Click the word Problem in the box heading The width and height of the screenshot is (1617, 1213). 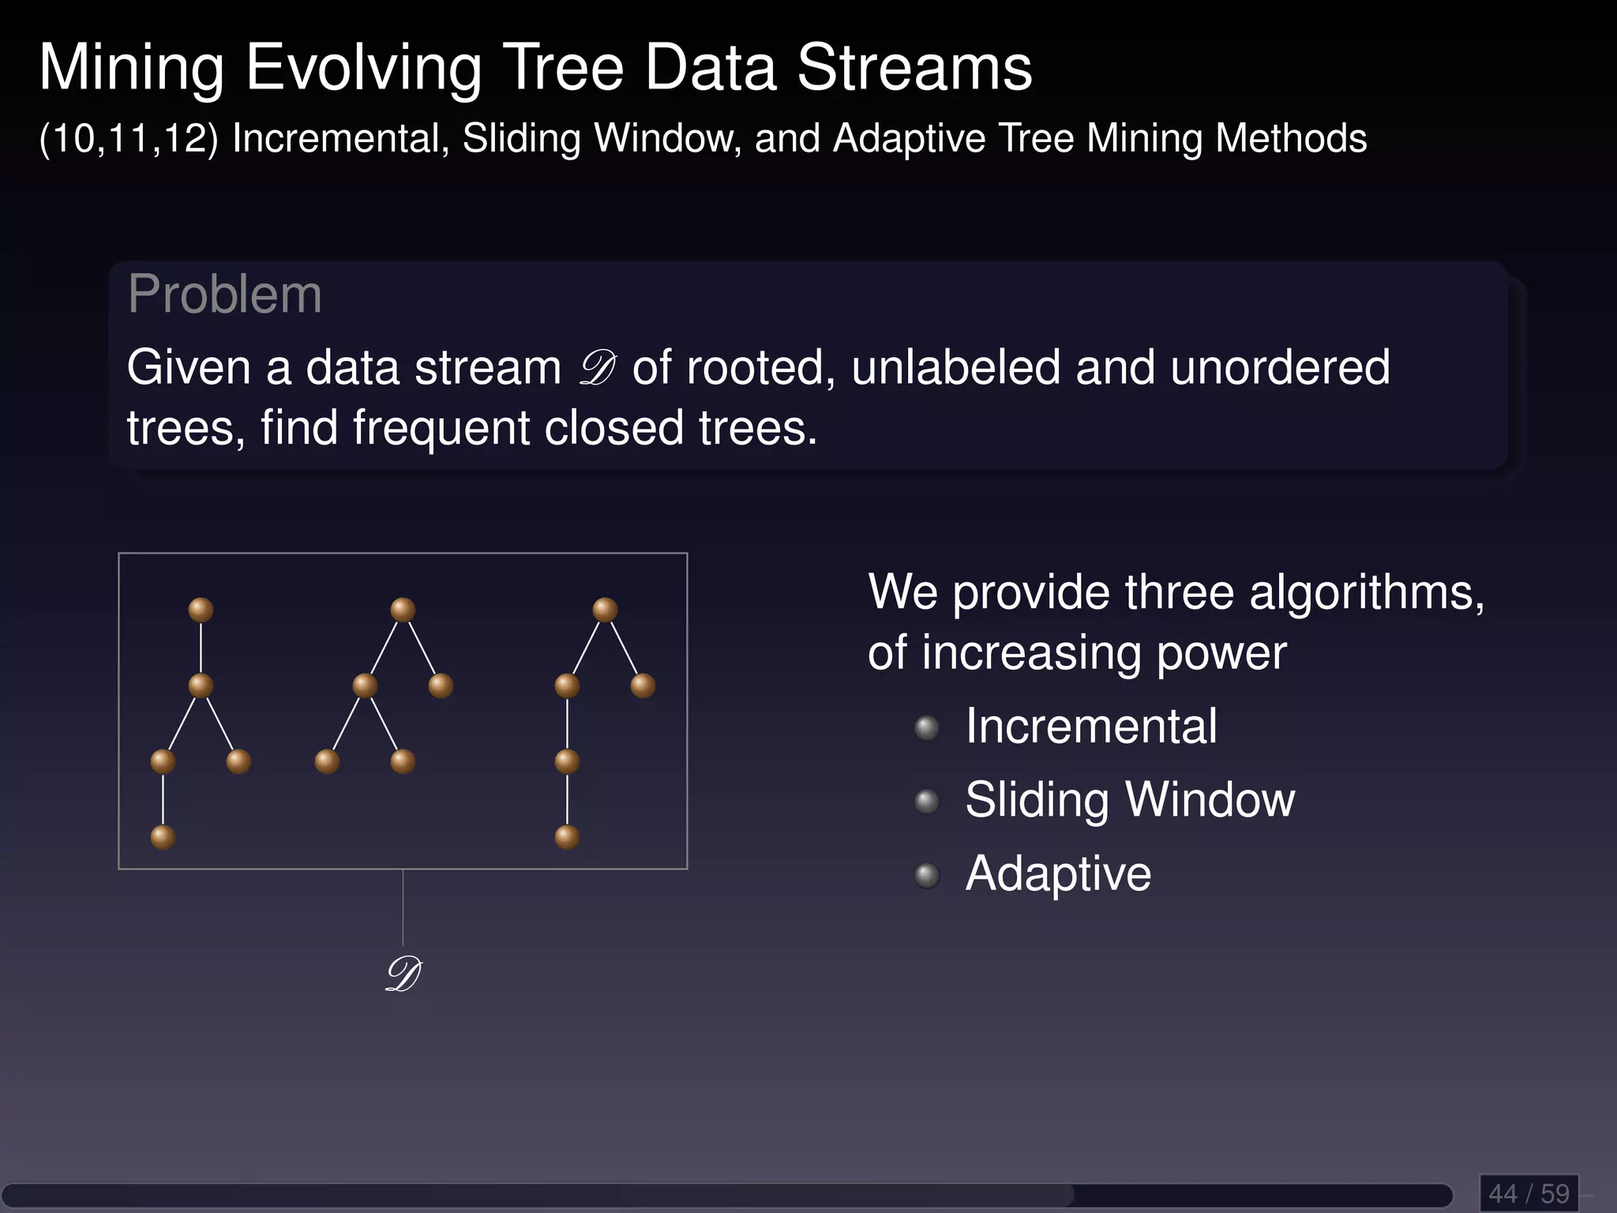coord(225,295)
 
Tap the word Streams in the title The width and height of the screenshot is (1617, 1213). coord(914,68)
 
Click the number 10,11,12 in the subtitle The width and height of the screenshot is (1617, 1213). coord(129,139)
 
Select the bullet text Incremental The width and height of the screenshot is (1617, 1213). coord(1091,727)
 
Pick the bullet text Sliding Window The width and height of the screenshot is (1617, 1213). coord(1130,800)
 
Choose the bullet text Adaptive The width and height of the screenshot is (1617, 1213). coord(1058,874)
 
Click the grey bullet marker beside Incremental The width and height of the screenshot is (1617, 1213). coord(927,727)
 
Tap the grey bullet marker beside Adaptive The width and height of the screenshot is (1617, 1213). coord(927,875)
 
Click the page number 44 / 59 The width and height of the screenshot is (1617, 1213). coord(1529,1192)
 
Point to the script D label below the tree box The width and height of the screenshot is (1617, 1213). coord(403,975)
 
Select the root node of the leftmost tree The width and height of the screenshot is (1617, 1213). coord(201,610)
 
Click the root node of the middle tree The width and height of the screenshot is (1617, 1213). coord(403,610)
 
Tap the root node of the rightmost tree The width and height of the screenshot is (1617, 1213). coord(605,610)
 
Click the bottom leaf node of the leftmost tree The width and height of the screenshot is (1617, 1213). coord(163,837)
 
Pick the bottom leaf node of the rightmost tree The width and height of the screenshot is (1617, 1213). coord(567,837)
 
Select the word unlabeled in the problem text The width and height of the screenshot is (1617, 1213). coord(955,368)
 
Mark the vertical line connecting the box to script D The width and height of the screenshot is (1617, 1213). coord(403,908)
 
